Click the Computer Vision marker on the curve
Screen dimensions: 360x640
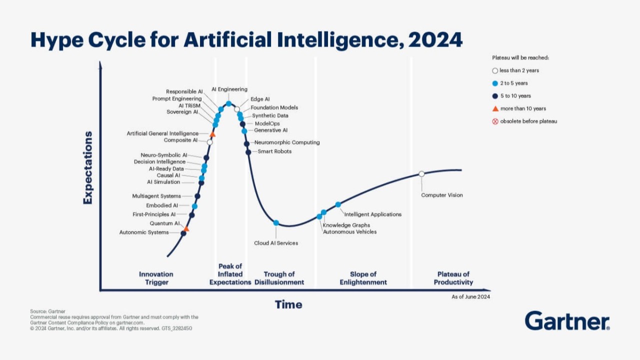(421, 173)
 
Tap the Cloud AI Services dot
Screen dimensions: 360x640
(276, 222)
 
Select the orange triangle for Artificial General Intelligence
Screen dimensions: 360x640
(212, 134)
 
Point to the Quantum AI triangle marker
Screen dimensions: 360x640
(186, 229)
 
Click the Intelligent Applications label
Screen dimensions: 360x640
(372, 214)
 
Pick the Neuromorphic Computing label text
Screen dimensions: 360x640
(287, 142)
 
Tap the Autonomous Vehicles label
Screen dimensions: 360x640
(349, 232)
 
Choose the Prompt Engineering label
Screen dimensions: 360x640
(177, 99)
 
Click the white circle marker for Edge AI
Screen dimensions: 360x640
(237, 109)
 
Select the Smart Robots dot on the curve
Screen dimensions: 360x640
(248, 152)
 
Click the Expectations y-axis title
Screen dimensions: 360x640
(88, 167)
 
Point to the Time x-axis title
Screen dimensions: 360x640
(288, 304)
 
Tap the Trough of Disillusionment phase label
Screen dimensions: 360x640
(279, 278)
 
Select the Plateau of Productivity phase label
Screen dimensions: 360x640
(453, 278)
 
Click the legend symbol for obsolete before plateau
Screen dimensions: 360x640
(495, 121)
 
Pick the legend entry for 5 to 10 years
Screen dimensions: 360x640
(515, 96)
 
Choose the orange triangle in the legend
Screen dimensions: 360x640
(495, 108)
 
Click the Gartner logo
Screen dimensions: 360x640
(567, 321)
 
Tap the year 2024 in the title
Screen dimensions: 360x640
(435, 40)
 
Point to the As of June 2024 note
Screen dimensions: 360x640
(470, 296)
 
